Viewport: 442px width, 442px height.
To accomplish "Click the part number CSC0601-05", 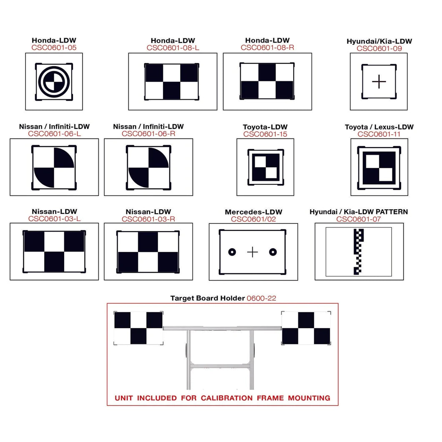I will [54, 48].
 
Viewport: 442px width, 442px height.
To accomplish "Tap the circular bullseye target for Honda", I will [54, 82].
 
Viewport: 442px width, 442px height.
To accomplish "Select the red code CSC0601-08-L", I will [173, 48].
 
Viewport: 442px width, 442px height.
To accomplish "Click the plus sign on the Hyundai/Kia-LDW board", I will [379, 82].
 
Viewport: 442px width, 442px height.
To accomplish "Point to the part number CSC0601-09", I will [379, 48].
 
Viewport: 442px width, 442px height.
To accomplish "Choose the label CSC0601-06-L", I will [54, 134].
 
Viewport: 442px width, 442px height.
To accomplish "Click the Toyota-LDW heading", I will [265, 127].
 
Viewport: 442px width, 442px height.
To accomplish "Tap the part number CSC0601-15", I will [265, 134].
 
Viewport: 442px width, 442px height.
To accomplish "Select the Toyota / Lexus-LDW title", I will [379, 127].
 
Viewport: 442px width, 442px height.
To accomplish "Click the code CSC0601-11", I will [379, 134].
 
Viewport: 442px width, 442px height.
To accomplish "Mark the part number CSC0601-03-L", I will [54, 219].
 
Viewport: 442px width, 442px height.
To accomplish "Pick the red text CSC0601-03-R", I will [148, 219].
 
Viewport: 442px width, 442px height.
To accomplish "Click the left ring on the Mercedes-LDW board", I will [232, 252].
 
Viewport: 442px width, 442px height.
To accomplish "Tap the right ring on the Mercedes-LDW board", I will [273, 252].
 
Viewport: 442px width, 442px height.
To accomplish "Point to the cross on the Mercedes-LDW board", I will [253, 252].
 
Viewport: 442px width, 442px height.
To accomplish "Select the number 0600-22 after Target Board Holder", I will [261, 298].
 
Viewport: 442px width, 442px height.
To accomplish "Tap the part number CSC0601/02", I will [254, 219].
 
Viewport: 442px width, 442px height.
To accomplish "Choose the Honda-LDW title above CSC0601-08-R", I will [267, 40].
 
